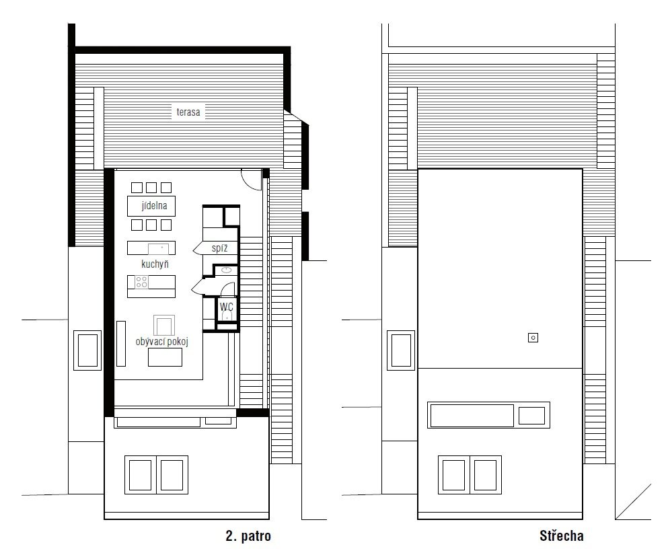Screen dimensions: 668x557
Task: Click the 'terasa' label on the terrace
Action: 188,112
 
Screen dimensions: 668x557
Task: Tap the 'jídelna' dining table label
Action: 154,206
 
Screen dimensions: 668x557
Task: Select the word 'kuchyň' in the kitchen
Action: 155,264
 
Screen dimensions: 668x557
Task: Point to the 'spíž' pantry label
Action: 220,248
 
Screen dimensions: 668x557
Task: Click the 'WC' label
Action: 226,306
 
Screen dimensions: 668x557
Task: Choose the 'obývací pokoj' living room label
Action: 162,341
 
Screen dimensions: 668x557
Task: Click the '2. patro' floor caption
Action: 248,535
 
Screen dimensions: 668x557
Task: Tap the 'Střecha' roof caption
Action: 562,535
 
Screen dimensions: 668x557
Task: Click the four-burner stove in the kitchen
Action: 141,282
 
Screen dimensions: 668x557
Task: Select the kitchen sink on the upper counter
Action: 159,248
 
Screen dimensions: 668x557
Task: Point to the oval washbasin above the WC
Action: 226,270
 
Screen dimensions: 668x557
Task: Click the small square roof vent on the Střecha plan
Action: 533,338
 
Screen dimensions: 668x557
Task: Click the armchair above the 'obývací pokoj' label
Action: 164,325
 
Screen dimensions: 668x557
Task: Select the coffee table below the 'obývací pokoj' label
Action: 165,357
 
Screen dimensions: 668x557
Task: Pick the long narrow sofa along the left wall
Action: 121,344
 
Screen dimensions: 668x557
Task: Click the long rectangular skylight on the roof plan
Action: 472,416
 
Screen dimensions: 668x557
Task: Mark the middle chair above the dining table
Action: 151,188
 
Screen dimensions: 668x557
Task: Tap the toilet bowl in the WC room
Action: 227,315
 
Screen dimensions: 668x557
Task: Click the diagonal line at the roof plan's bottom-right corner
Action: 633,502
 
